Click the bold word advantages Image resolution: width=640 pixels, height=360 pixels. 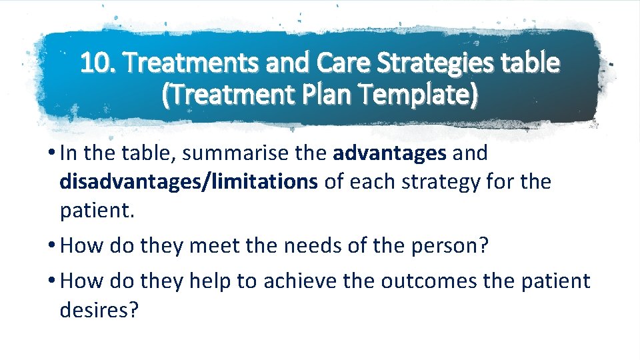point(389,153)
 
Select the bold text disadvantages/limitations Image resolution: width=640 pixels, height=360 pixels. point(189,182)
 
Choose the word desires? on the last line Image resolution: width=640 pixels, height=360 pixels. point(99,310)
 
